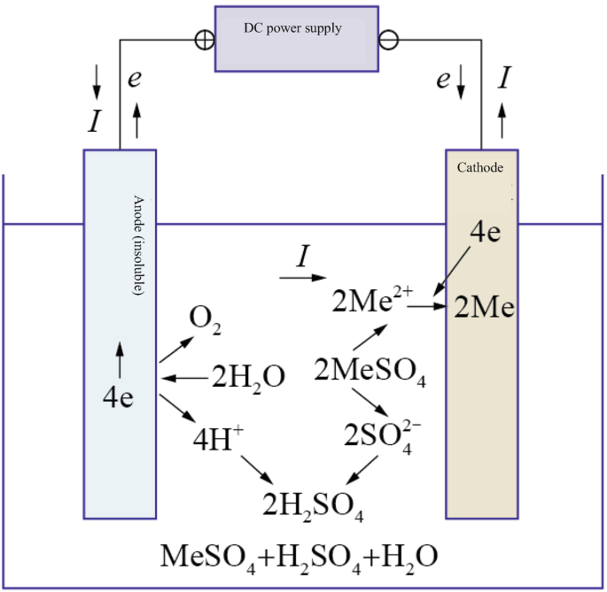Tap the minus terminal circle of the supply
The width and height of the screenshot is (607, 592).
point(388,40)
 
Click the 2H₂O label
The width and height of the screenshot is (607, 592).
point(247,379)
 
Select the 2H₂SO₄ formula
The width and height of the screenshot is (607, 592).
point(313,506)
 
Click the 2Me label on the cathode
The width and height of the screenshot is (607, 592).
point(485,308)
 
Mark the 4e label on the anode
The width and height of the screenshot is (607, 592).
point(118,397)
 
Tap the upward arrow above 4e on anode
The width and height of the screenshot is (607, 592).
point(119,362)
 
